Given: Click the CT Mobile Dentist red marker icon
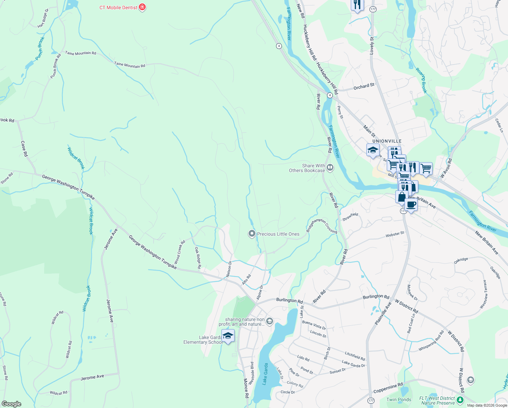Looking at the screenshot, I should point(143,7).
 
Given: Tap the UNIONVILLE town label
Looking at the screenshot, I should point(387,141).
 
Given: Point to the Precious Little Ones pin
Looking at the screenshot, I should point(252,234).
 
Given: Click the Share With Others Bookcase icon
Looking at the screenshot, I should point(330,167).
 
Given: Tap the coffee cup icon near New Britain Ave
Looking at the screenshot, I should point(411,205).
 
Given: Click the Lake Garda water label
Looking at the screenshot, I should point(265,374).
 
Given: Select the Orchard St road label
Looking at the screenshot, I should point(364,87).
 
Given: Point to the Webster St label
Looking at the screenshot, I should point(395,234).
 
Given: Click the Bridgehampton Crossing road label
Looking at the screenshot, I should point(322,226).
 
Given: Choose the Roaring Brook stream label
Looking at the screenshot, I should point(421,80).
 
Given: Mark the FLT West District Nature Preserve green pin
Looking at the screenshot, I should point(460,400).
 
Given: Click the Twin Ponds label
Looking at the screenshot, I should point(399,400).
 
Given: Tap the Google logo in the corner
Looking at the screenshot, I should point(11,404).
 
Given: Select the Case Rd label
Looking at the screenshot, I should point(24,149).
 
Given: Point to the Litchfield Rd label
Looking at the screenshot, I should point(355,356).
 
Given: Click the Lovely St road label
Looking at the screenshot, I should point(372,46).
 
